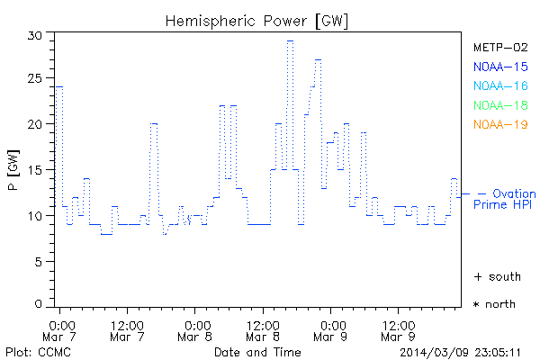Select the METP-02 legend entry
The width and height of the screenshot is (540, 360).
point(499,47)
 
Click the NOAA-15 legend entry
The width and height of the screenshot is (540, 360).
point(499,66)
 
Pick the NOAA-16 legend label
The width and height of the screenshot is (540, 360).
point(499,85)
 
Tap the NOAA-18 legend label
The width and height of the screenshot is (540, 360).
point(499,105)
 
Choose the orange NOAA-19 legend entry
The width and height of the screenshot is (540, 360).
point(499,124)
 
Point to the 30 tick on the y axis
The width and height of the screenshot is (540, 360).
point(36,34)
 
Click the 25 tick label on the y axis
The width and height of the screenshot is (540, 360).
point(36,79)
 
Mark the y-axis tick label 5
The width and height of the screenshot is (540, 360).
point(40,261)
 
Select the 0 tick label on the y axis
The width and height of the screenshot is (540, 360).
point(40,306)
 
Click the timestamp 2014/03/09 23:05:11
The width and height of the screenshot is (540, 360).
point(459,351)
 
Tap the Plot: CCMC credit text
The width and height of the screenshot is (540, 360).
point(34,351)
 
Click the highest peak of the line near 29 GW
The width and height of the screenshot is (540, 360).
point(290,40)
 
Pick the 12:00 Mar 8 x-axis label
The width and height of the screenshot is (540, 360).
point(263,329)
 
